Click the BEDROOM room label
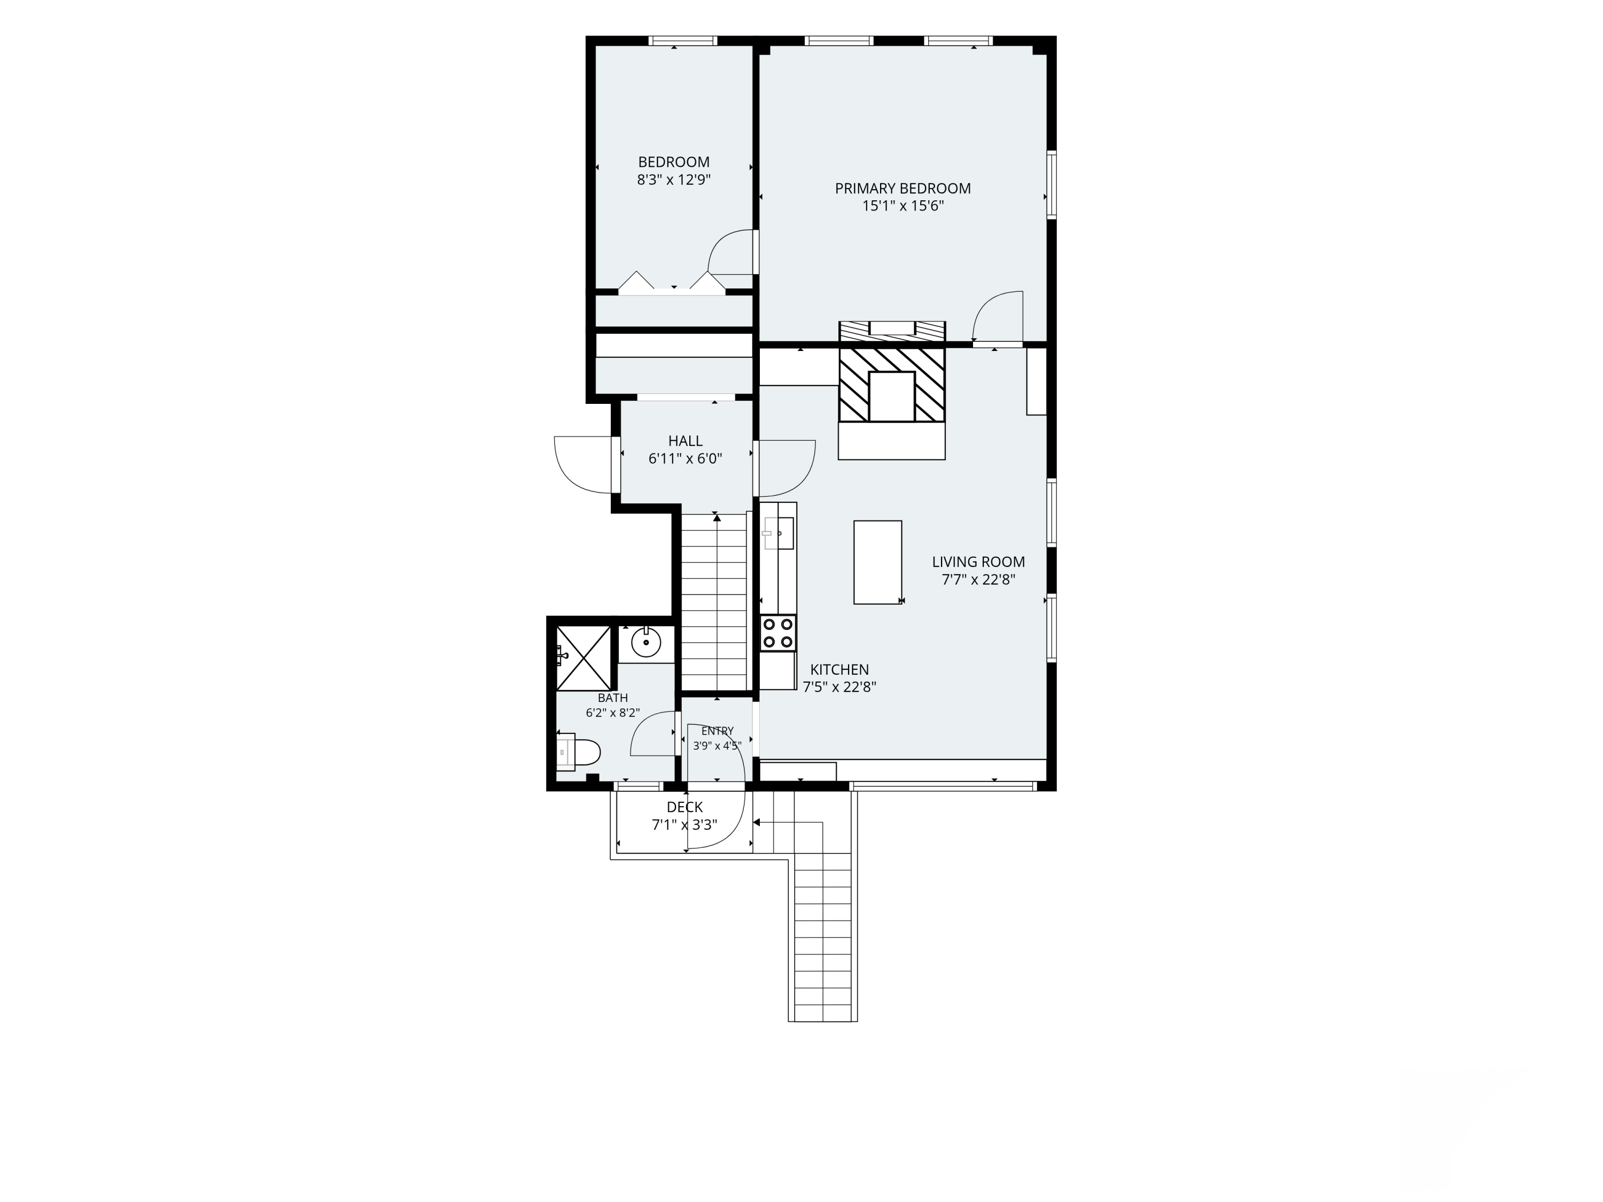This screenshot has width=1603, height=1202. (673, 162)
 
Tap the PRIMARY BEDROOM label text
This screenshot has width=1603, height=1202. (902, 189)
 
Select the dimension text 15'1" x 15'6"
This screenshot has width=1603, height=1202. (902, 206)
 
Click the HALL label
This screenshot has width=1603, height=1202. (685, 441)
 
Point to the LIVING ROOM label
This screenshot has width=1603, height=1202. (978, 561)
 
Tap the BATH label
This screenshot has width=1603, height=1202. (612, 698)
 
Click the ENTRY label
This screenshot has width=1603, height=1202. (718, 731)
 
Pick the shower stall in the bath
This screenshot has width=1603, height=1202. (583, 658)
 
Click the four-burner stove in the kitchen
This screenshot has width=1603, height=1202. (779, 633)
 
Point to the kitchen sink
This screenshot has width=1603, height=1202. (779, 533)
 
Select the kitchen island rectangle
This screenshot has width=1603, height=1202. (877, 562)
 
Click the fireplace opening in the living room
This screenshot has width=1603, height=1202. (891, 396)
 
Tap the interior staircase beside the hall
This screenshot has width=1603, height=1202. (714, 602)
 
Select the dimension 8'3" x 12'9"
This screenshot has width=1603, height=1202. (673, 179)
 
